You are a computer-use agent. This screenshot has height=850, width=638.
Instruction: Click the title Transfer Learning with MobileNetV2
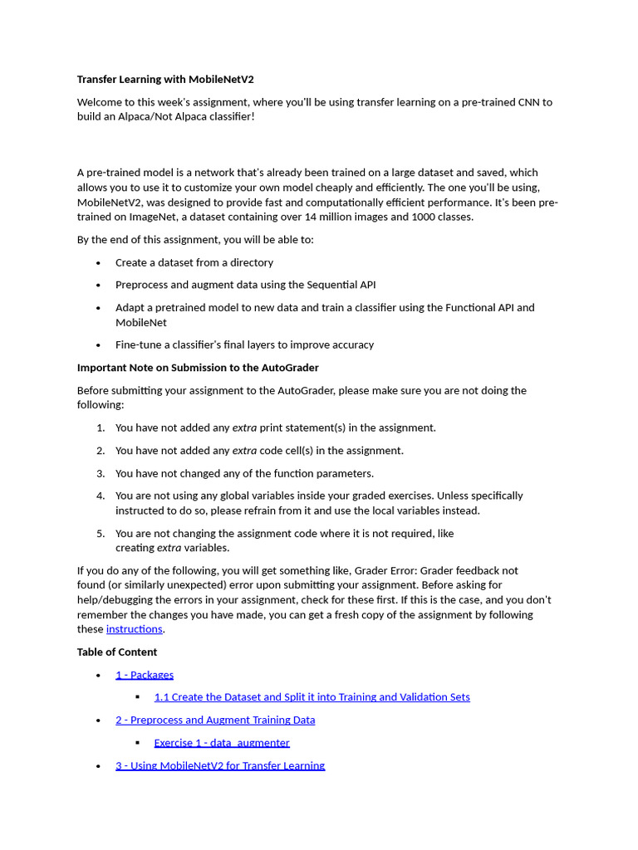click(x=165, y=80)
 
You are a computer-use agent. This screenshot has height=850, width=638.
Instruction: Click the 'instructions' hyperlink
click(x=134, y=629)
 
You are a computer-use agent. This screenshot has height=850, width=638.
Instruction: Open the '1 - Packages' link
click(x=145, y=675)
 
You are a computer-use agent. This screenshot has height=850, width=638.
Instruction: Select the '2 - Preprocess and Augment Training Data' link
click(x=215, y=720)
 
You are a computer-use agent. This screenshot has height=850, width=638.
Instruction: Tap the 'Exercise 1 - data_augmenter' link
click(x=222, y=743)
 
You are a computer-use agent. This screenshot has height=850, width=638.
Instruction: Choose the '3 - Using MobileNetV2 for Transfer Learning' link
click(x=220, y=765)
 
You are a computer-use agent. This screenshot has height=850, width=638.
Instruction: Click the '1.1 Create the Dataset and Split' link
click(x=312, y=697)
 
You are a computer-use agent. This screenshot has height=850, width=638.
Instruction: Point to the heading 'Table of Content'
click(x=117, y=652)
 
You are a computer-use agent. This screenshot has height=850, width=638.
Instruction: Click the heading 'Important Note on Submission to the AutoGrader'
click(x=198, y=368)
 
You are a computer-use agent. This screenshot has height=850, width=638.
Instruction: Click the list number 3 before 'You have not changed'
click(x=101, y=473)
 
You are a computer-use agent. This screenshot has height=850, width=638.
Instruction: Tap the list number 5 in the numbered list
click(x=101, y=534)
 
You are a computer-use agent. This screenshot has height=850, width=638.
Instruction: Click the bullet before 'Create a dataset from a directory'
click(x=99, y=263)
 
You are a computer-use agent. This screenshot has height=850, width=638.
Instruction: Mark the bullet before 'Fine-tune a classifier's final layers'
click(x=99, y=345)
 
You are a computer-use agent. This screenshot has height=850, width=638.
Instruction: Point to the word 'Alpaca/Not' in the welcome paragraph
click(x=142, y=117)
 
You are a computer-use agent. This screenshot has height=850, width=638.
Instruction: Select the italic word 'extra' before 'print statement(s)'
click(x=244, y=428)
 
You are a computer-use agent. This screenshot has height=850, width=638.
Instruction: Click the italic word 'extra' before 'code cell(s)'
click(x=244, y=451)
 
